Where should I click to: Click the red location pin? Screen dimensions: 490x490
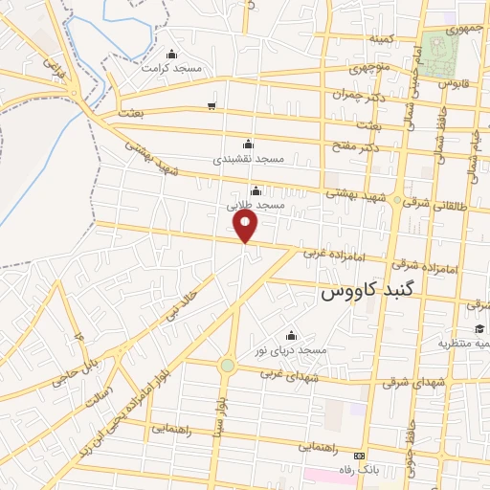247,226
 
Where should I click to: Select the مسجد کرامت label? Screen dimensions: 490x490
171,68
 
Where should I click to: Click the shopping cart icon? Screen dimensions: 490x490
212,106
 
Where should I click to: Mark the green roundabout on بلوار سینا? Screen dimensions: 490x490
227,365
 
